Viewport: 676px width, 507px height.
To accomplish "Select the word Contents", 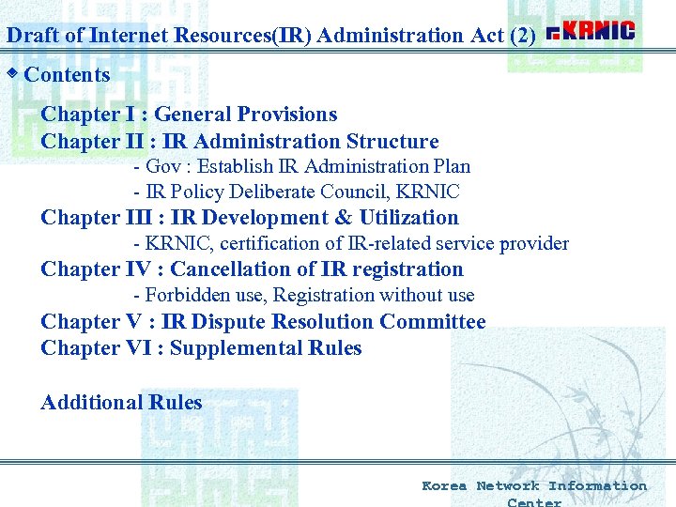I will coord(67,75).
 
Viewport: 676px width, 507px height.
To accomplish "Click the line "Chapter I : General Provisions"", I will coord(189,115).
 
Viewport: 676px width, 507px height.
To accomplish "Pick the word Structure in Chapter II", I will coord(392,142).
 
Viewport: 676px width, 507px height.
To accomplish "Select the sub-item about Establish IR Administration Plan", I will coord(301,166).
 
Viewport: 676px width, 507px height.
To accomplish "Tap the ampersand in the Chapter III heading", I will coord(343,218).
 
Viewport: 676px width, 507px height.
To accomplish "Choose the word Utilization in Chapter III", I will coord(409,218).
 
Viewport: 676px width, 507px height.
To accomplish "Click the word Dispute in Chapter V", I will coord(228,322).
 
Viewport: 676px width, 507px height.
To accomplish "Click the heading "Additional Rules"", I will coord(121,403).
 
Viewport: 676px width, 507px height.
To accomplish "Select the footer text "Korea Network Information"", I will coord(533,485).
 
